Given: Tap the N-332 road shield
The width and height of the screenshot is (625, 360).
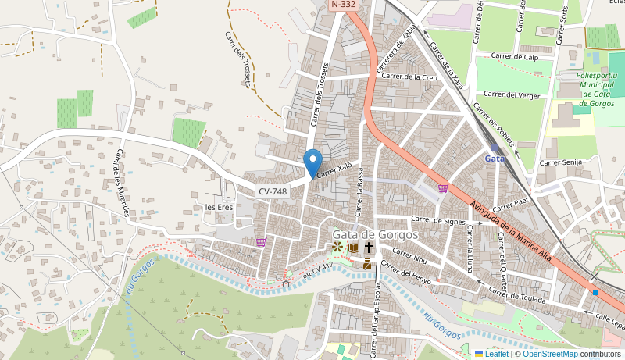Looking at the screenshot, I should (344, 5).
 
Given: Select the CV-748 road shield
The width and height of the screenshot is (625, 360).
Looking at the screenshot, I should (273, 191).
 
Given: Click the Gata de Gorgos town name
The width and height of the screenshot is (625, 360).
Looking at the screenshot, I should (375, 234).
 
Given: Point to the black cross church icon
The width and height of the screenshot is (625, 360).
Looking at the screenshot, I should (368, 248).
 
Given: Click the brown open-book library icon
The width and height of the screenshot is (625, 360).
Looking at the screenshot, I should (353, 248).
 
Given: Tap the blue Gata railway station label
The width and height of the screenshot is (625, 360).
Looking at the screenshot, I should (495, 158).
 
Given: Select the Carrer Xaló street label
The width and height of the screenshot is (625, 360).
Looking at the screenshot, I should (335, 169).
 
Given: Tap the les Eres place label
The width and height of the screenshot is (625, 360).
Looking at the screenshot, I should (219, 207).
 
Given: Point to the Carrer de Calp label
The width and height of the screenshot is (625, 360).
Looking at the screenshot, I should (515, 56).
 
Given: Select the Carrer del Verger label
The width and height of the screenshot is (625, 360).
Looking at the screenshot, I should (512, 94).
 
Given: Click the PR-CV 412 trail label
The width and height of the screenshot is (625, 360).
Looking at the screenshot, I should (317, 271).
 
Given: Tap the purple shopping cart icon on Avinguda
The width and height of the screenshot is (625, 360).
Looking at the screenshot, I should (444, 188).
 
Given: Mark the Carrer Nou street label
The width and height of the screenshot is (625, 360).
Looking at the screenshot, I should (409, 255).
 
